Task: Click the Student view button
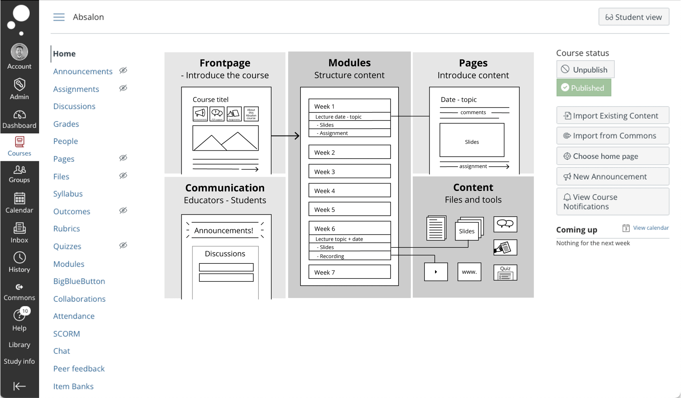pos(633,17)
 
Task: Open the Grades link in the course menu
pos(66,124)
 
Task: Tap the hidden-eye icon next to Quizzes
pos(123,245)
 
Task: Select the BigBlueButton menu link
pos(79,281)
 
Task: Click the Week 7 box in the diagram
pos(349,272)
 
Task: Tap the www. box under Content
pos(469,272)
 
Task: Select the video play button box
pos(436,272)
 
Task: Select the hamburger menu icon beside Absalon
pos(59,17)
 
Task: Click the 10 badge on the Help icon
pos(25,311)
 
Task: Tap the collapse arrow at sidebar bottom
pos(19,386)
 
